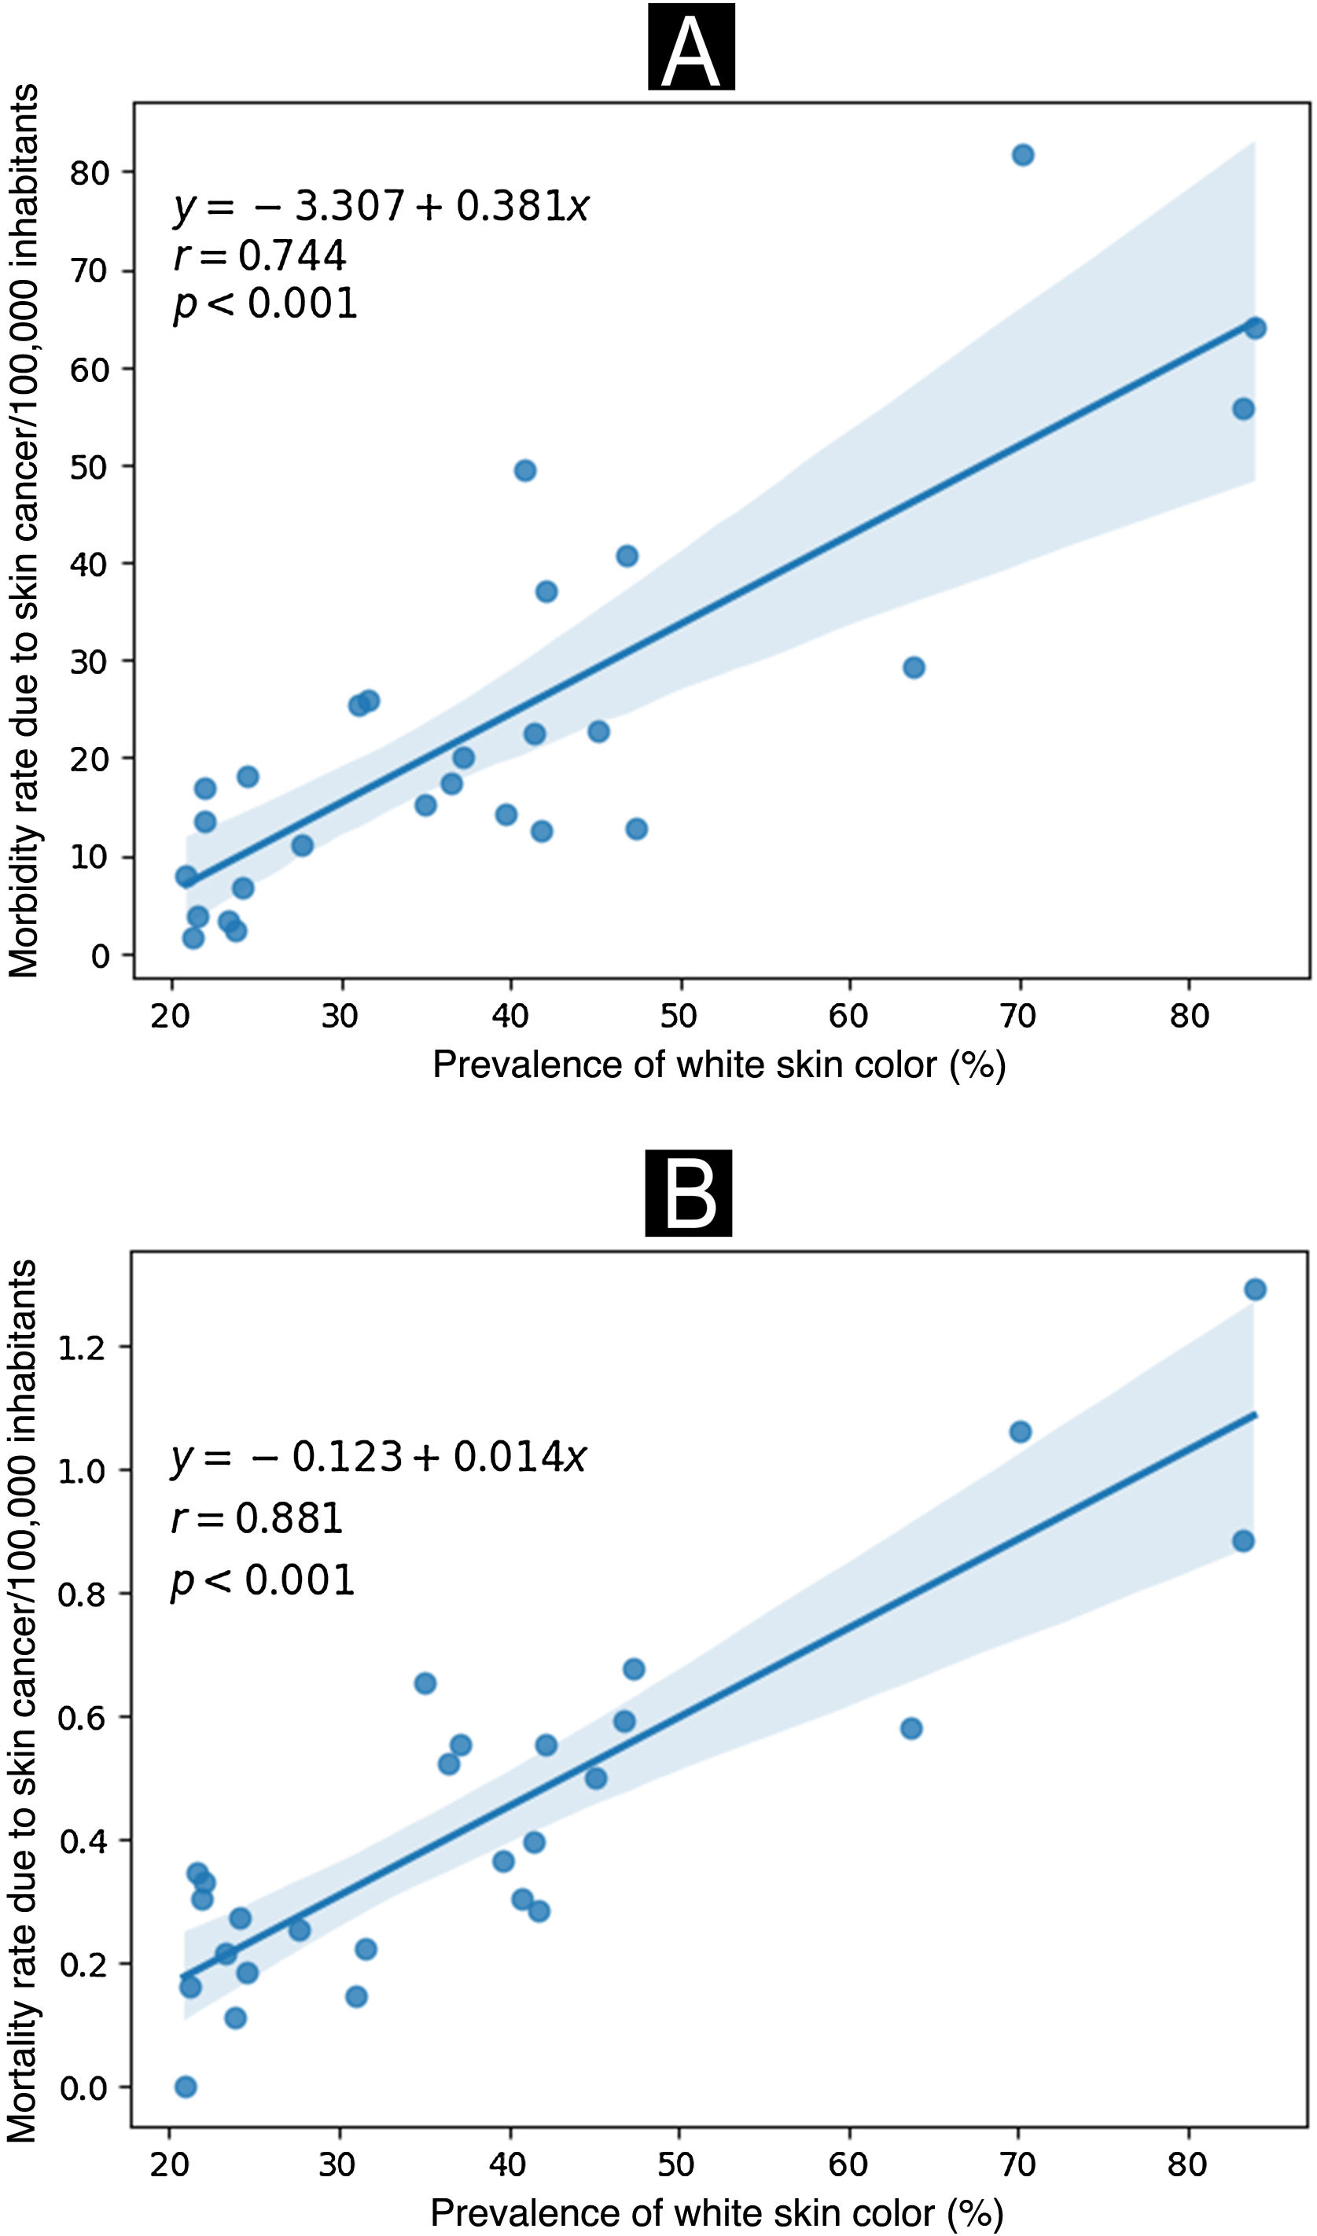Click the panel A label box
[690, 47]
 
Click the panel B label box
[688, 1193]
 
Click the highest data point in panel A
[1022, 156]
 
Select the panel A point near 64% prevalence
[913, 667]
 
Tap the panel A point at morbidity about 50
[524, 470]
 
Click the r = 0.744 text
[259, 256]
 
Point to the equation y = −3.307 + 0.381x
[381, 206]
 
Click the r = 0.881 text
[256, 1517]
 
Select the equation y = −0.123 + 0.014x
[378, 1457]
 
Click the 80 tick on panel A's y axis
[90, 172]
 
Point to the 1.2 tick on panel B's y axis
[82, 1348]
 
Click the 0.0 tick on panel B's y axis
[82, 2089]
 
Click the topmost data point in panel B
[1254, 1289]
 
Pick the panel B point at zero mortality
[186, 2086]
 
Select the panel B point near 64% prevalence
[910, 1727]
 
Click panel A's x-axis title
[719, 1064]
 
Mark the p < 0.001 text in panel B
[263, 1580]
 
